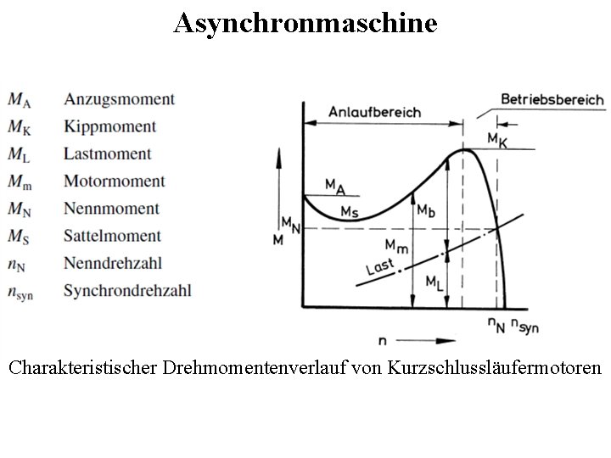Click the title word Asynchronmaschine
click(x=305, y=23)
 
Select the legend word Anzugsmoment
click(x=119, y=99)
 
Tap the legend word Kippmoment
click(x=109, y=126)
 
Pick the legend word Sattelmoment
click(x=111, y=236)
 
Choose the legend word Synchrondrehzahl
click(x=127, y=290)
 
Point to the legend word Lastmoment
click(x=108, y=154)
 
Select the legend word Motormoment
click(x=114, y=181)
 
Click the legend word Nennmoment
click(x=111, y=209)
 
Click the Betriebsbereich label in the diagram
click(x=552, y=98)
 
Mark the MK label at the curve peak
click(x=497, y=139)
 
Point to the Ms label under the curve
click(x=349, y=210)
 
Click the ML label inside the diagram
click(x=433, y=281)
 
